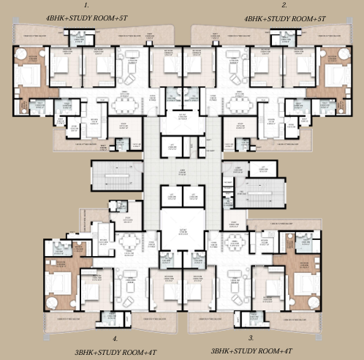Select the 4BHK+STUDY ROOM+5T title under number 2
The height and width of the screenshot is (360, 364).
point(273,16)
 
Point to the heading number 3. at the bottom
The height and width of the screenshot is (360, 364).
point(251,339)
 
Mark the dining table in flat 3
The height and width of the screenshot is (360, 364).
point(235,242)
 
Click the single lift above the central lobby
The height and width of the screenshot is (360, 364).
point(173,149)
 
